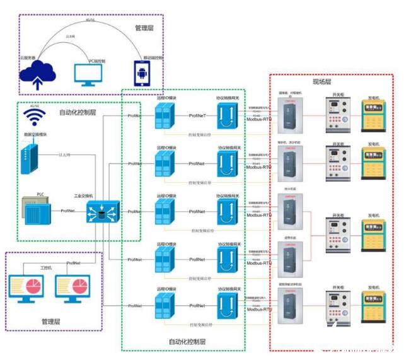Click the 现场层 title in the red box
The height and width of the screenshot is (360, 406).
[322, 83]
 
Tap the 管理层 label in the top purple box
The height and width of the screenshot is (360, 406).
[144, 28]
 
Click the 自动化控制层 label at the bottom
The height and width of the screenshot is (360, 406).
[187, 342]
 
